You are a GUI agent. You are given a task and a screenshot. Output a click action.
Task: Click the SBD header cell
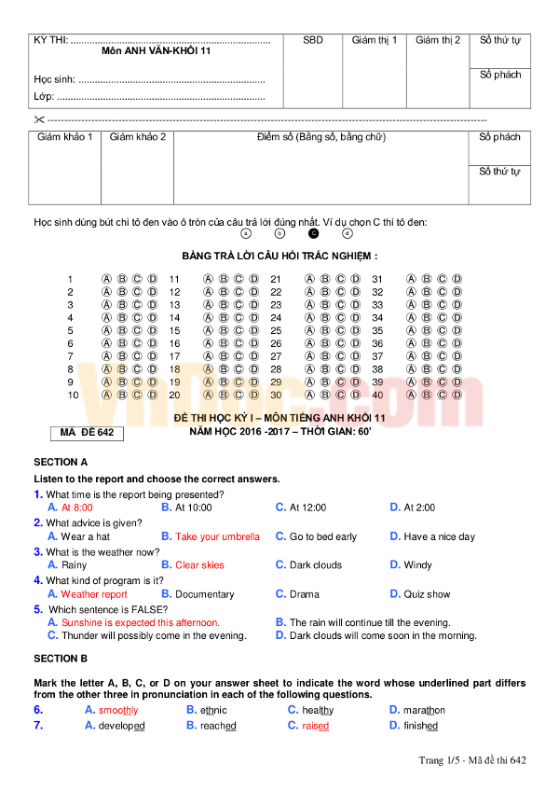(x=313, y=40)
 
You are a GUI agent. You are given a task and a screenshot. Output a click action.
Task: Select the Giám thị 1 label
(x=375, y=40)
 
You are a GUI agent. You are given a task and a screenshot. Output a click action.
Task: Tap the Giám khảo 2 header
(x=138, y=137)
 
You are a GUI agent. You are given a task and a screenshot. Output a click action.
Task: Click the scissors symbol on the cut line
(x=38, y=119)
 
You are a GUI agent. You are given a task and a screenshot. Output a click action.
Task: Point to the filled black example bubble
(x=313, y=233)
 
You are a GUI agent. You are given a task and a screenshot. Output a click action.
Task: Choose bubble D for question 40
(x=457, y=395)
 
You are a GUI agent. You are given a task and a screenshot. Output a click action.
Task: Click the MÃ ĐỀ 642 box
(x=86, y=433)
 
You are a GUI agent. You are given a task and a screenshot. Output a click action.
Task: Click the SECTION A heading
(x=61, y=462)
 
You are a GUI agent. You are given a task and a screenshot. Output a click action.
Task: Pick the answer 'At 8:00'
(x=76, y=507)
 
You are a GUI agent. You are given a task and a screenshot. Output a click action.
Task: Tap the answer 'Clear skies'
(x=199, y=564)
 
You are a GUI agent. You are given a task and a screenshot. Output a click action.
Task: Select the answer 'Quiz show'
(x=427, y=594)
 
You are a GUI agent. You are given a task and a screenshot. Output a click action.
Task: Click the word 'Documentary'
(x=204, y=594)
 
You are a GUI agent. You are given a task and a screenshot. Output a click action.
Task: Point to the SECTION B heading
(x=61, y=659)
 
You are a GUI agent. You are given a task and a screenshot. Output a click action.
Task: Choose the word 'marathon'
(x=424, y=710)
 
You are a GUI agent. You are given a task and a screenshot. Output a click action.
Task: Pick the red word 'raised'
(x=315, y=725)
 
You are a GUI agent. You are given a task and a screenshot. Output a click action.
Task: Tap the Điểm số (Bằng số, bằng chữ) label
(x=320, y=137)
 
